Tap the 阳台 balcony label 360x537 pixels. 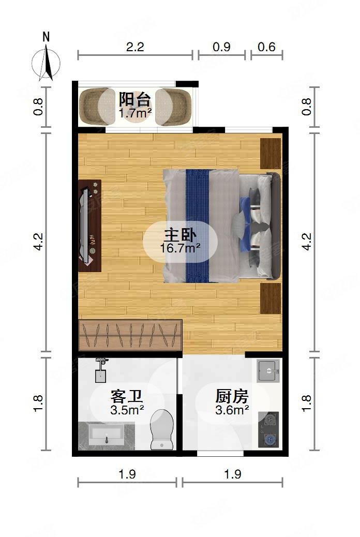coord(134,99)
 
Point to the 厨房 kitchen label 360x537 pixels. coord(232,397)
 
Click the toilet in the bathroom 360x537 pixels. coord(161,428)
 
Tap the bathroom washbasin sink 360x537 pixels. coord(106,435)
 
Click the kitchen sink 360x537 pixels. coord(268,370)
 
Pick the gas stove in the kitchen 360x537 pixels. coord(268,429)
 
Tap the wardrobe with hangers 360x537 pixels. coord(130,335)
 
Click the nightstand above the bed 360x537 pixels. coord(271,154)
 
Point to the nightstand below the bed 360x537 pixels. coord(271,298)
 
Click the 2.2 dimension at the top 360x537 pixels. coord(135,47)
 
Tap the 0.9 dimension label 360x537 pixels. coord(221,47)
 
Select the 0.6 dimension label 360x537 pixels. coord(266,47)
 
